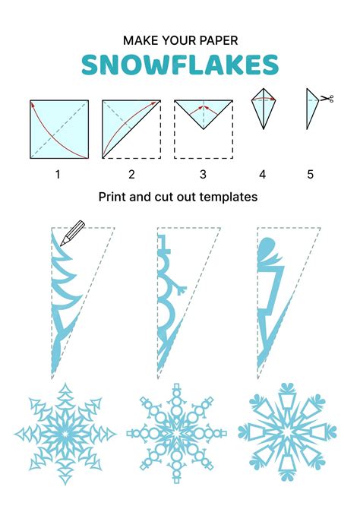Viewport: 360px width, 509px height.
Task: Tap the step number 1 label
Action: (57, 175)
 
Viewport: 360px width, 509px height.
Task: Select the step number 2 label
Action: (131, 175)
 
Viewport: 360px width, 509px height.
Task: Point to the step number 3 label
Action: (203, 175)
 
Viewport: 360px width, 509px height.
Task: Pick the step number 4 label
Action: (262, 175)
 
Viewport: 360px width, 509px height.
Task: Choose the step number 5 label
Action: (310, 175)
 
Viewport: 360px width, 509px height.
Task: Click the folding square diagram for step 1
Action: (59, 128)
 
